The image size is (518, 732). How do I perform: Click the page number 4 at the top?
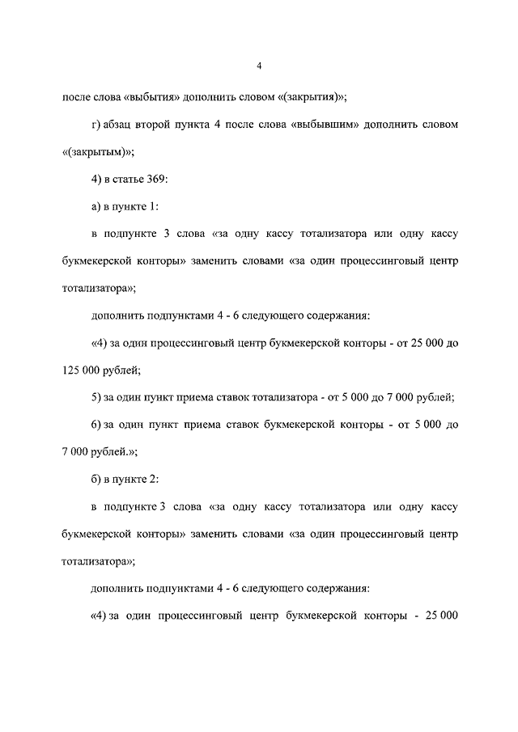(259, 66)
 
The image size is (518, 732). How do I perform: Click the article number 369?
(156, 180)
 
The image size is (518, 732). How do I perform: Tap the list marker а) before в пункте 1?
(96, 207)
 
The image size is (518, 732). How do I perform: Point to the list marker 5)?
(96, 398)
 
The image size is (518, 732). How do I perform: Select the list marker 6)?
(96, 425)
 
